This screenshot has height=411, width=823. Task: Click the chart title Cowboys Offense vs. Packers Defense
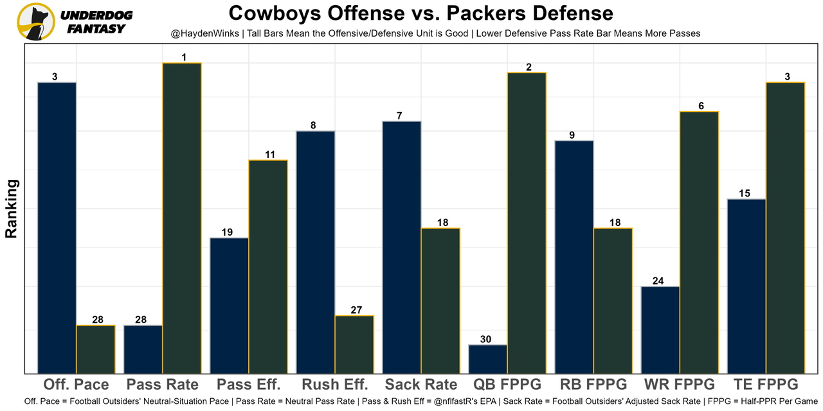[421, 13]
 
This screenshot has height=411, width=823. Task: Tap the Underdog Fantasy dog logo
[36, 21]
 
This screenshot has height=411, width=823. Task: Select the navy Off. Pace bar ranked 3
[57, 227]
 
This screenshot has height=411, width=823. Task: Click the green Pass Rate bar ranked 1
[182, 218]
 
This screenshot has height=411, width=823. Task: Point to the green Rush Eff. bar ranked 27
[354, 344]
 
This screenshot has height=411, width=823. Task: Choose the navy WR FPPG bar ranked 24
[660, 329]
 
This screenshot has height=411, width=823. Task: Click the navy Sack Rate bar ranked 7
[402, 247]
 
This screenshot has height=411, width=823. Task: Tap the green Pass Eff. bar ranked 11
[268, 266]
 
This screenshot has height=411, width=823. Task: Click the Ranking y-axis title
[12, 209]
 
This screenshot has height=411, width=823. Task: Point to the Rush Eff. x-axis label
[335, 385]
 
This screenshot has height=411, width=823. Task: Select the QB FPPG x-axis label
[507, 385]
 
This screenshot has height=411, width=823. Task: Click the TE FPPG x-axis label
[766, 385]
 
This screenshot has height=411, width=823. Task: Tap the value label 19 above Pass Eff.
[227, 232]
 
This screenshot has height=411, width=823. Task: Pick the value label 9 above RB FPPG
[572, 135]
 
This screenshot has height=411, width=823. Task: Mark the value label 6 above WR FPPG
[701, 106]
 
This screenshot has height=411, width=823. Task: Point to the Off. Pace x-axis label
[77, 385]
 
